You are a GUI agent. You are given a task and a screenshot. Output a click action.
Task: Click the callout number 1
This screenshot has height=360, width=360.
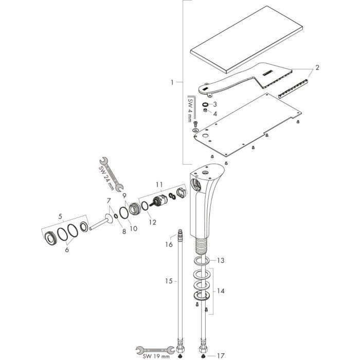[172, 82]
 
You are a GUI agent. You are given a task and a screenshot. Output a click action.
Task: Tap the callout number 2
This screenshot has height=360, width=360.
[317, 67]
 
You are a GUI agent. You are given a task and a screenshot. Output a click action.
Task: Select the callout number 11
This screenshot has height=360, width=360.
[159, 185]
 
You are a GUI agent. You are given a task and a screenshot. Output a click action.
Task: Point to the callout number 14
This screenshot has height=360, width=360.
[221, 291]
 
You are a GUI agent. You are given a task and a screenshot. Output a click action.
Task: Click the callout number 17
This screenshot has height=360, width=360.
[221, 356]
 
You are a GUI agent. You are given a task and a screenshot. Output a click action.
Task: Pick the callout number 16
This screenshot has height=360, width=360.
[169, 244]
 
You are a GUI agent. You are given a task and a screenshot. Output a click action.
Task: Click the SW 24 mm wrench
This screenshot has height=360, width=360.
[112, 174]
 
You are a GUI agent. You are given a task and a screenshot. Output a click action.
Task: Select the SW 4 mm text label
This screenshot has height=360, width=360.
[190, 110]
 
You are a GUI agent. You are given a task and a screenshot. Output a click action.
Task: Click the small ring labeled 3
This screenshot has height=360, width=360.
[206, 104]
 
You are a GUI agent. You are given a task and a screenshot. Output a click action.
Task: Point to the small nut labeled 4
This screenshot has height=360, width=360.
[206, 111]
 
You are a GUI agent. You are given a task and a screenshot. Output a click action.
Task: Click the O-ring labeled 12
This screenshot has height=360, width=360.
[145, 206]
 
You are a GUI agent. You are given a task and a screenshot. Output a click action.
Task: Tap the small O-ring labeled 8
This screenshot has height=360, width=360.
[116, 216]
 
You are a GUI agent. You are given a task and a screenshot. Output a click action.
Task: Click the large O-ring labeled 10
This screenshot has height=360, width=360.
[124, 212]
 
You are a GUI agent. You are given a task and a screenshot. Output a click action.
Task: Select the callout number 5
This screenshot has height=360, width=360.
[60, 216]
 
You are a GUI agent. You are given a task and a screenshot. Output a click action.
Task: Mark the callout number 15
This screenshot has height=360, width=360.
[169, 281]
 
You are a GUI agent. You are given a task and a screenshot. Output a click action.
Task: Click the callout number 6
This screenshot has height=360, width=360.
[67, 249]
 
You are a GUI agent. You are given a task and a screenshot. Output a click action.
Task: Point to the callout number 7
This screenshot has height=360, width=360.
[109, 201]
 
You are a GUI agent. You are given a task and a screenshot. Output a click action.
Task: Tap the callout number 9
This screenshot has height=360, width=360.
[124, 195]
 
